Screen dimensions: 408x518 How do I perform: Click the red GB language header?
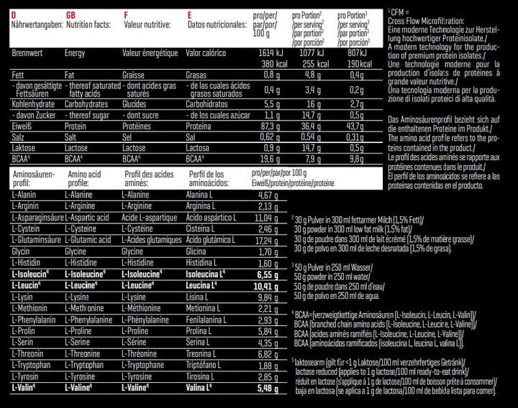[71, 14]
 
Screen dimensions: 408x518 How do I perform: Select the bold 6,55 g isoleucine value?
[268, 274]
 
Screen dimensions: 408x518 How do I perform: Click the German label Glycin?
[21, 252]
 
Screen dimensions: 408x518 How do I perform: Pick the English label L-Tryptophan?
[87, 366]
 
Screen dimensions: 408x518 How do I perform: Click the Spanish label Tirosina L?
[204, 377]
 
